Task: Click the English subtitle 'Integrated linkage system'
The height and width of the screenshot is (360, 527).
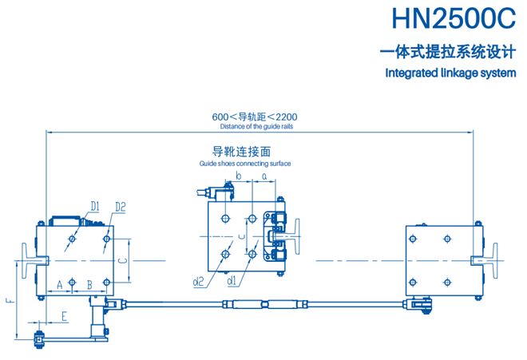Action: pos(451,73)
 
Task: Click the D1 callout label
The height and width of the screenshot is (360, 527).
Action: pos(94,207)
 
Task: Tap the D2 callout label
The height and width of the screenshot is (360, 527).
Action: pos(121,207)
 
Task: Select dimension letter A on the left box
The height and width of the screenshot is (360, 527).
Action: pos(59,283)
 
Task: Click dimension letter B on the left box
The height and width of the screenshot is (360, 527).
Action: pos(89,283)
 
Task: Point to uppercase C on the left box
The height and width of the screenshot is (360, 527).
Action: pos(121,259)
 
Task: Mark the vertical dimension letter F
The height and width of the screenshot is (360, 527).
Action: pos(9,302)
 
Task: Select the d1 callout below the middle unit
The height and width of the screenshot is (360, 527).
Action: pos(232,280)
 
